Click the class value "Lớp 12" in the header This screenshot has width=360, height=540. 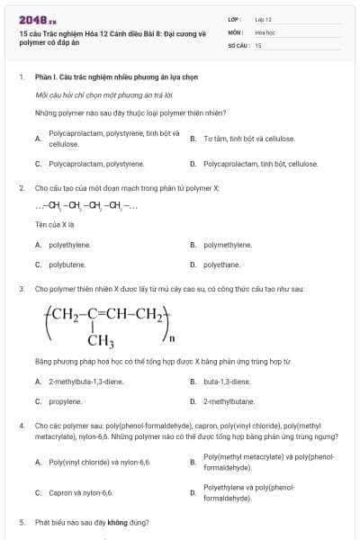click(x=264, y=19)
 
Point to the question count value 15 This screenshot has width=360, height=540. click(x=258, y=44)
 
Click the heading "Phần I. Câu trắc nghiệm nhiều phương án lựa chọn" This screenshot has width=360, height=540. click(x=116, y=77)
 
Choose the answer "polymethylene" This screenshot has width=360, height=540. click(x=228, y=244)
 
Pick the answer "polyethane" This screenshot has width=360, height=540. click(x=222, y=265)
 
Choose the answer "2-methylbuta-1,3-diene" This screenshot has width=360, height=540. click(x=85, y=381)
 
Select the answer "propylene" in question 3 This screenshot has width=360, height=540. click(x=66, y=401)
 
